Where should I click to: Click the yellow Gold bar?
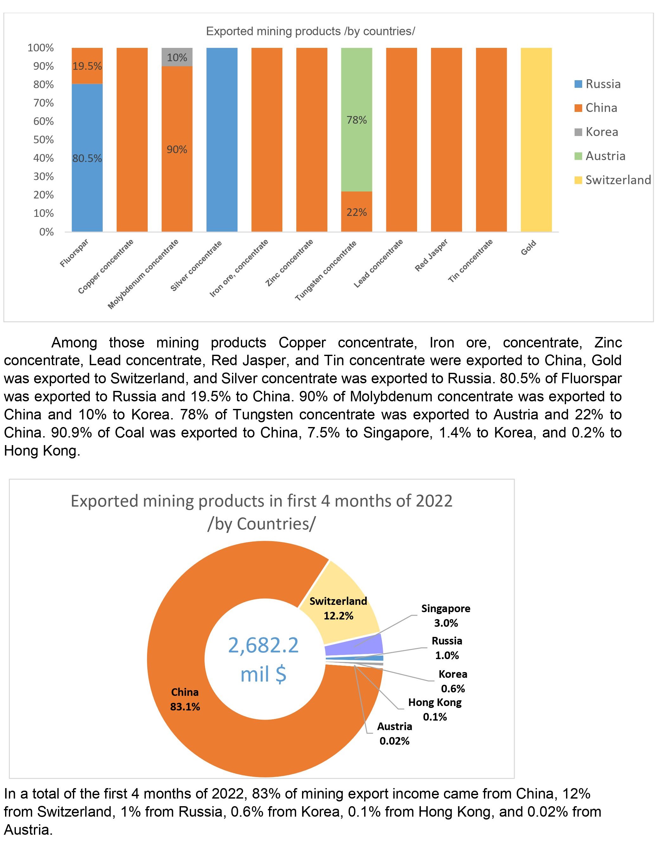point(536,140)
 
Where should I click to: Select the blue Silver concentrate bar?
point(222,140)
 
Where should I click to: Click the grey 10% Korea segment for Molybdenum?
point(177,57)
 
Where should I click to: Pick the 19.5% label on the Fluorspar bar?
point(87,66)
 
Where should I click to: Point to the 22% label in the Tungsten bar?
point(356,212)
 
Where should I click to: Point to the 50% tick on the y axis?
point(43,140)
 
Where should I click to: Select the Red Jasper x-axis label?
point(431,255)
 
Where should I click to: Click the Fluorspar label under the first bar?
point(74,253)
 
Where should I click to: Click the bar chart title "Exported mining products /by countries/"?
point(311,31)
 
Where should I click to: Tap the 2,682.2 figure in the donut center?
point(263,645)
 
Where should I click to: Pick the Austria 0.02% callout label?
point(394,734)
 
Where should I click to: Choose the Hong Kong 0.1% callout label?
point(435,709)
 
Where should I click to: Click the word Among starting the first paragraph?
point(74,343)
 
